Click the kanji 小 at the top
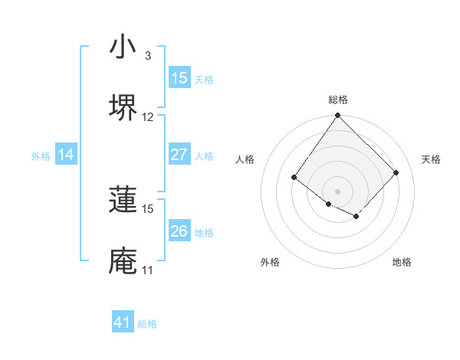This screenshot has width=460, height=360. point(123,47)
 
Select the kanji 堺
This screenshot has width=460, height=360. point(123,107)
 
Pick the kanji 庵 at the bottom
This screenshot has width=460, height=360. point(123,260)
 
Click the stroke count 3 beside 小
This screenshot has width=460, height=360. point(147,56)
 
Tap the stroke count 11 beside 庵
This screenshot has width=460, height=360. point(147,270)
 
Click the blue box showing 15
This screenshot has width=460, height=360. point(179,78)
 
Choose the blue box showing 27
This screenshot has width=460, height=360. point(179,155)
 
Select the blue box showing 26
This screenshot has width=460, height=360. point(179,231)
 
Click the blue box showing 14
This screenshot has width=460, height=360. point(66,155)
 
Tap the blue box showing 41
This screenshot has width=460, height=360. point(123,322)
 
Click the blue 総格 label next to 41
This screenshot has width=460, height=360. point(147,324)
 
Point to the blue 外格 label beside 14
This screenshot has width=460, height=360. point(41,156)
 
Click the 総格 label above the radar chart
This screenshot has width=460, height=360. point(338,100)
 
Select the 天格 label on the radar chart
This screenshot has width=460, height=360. point(431,159)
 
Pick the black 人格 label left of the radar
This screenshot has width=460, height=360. point(245,159)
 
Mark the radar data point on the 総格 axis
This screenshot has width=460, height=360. point(337,116)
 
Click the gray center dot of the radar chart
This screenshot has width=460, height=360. point(337,191)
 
